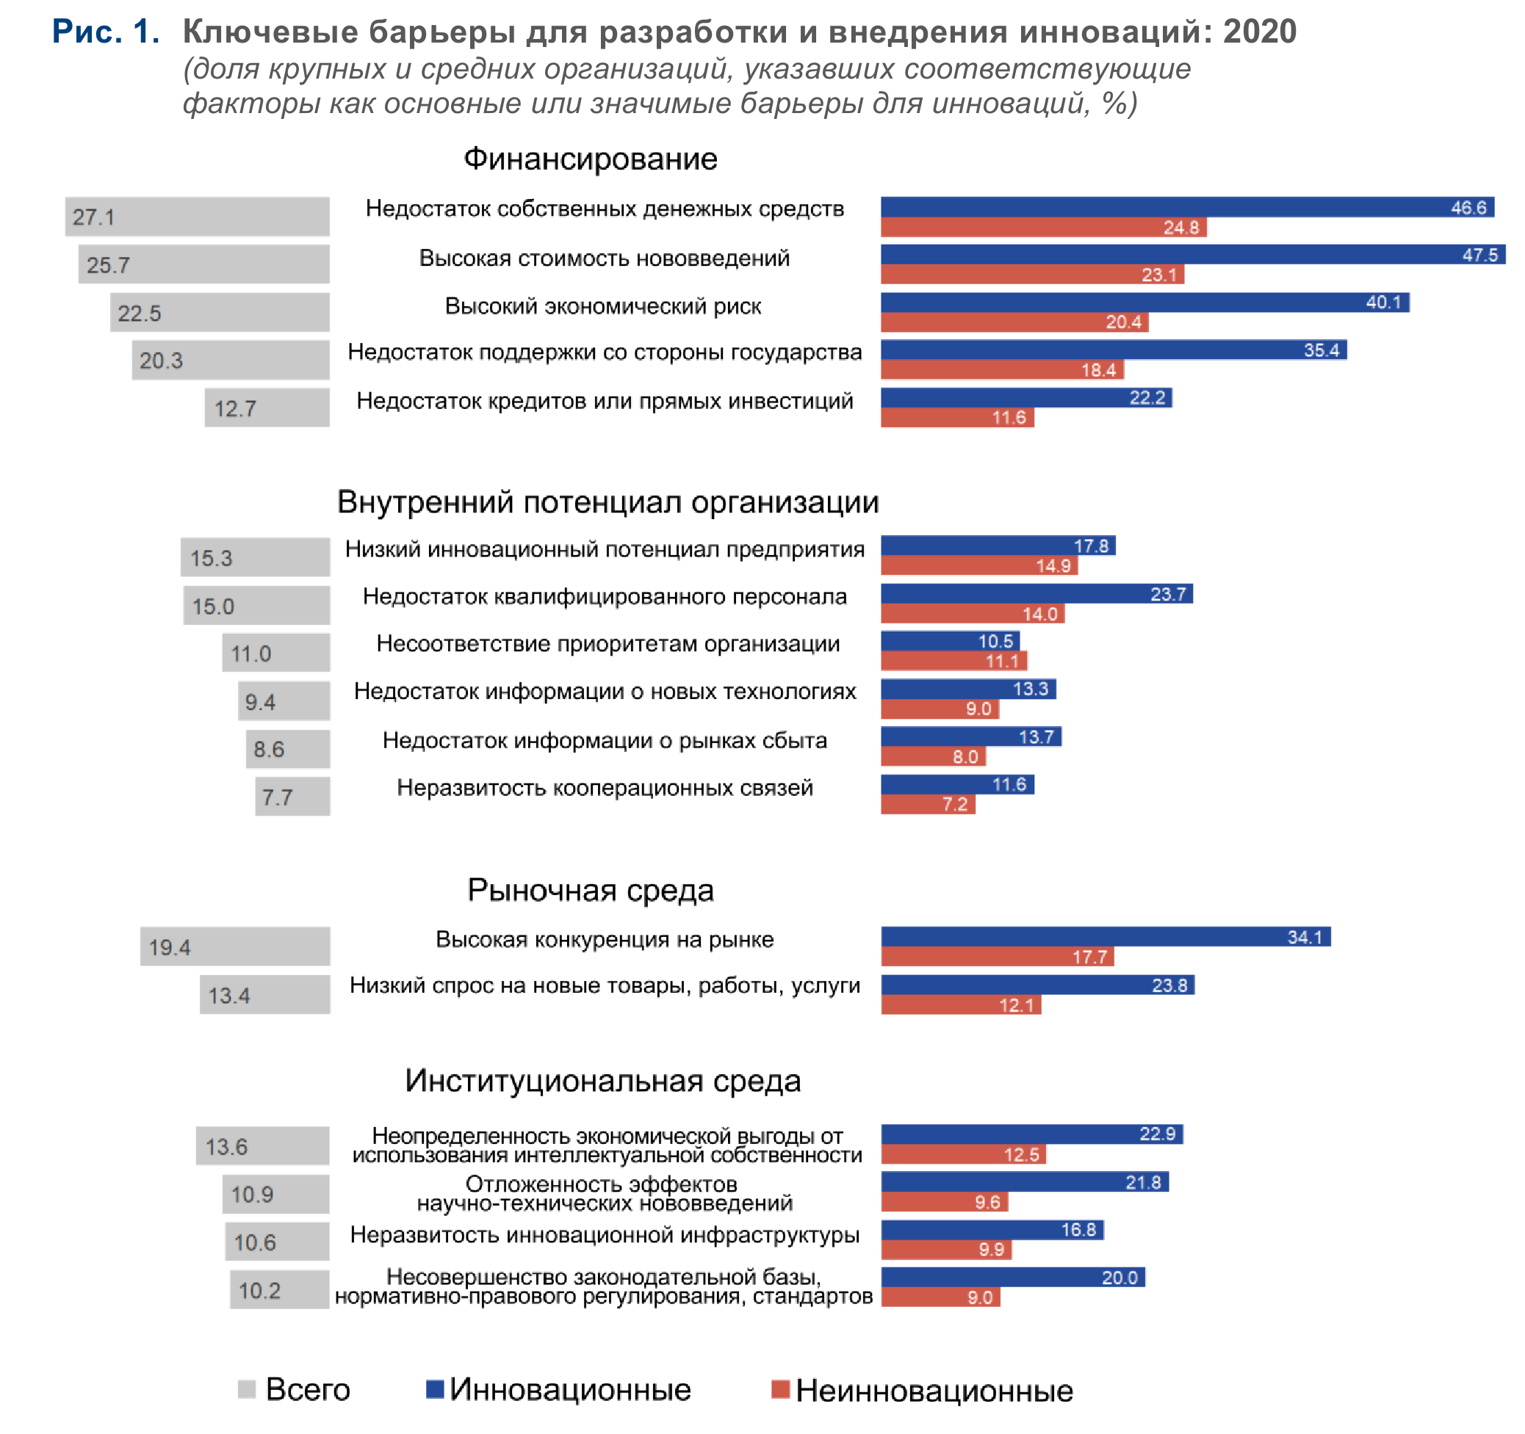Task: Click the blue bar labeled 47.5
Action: pyautogui.click(x=1192, y=255)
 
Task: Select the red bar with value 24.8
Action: pyautogui.click(x=1042, y=228)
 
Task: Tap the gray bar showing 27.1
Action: pyautogui.click(x=197, y=217)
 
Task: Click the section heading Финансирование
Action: pyautogui.click(x=590, y=159)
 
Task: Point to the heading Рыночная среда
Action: pyautogui.click(x=590, y=891)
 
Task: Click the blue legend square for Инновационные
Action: pyautogui.click(x=435, y=1388)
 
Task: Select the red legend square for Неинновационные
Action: pyautogui.click(x=780, y=1388)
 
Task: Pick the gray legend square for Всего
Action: pyautogui.click(x=246, y=1388)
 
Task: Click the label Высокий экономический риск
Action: pyautogui.click(x=603, y=306)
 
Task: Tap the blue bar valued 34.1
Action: pyautogui.click(x=1106, y=936)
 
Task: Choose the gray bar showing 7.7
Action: pyautogui.click(x=292, y=797)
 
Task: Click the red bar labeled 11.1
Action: pyautogui.click(x=953, y=661)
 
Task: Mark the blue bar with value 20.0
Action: pyautogui.click(x=1012, y=1277)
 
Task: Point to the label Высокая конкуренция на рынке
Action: pyautogui.click(x=605, y=939)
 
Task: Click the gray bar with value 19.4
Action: pyautogui.click(x=235, y=947)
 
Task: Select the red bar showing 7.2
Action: pyautogui.click(x=928, y=804)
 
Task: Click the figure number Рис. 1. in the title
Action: pyautogui.click(x=106, y=32)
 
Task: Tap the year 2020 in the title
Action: pyautogui.click(x=1260, y=32)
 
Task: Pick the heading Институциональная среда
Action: pyautogui.click(x=603, y=1081)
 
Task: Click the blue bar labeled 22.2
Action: pyautogui.click(x=1025, y=398)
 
